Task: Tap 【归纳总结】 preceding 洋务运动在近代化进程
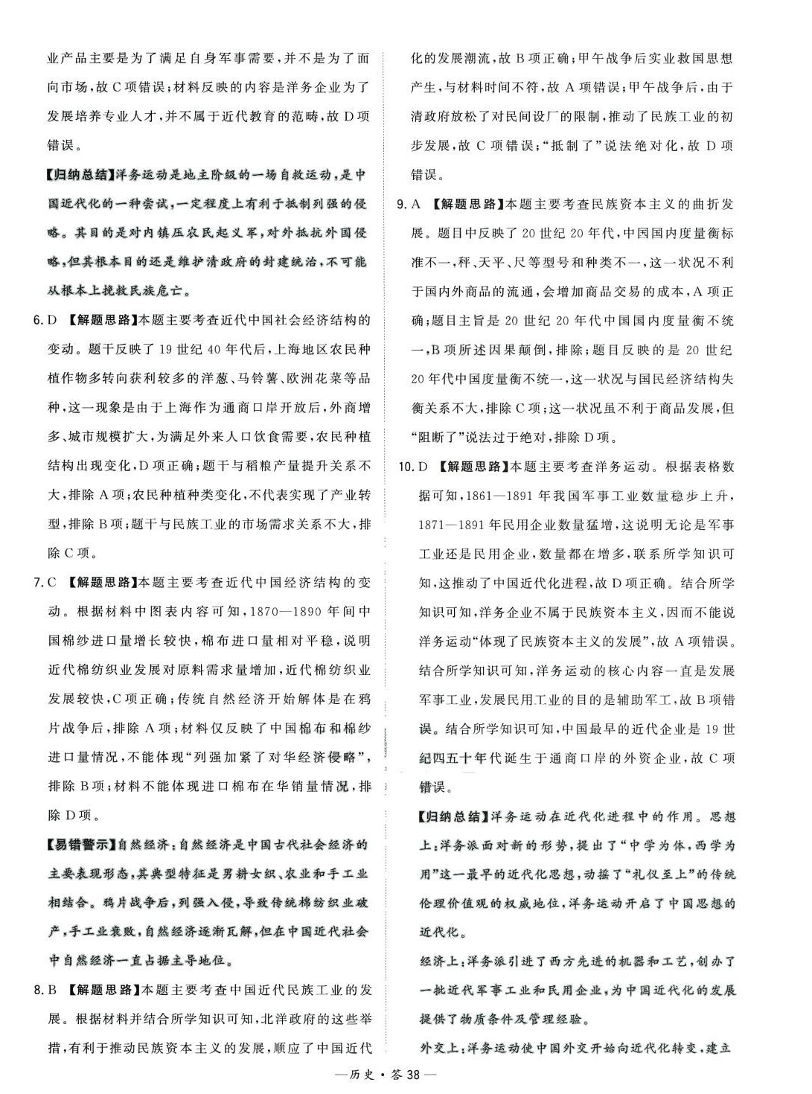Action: (452, 817)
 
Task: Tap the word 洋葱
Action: (250, 378)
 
